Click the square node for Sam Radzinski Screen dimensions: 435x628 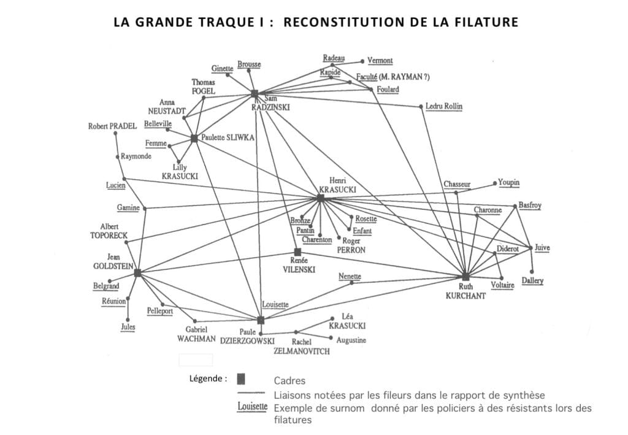pyautogui.click(x=255, y=94)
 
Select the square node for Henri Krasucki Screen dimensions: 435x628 pyautogui.click(x=320, y=198)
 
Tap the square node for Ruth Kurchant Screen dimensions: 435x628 pyautogui.click(x=465, y=277)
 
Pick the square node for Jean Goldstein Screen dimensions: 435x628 pyautogui.click(x=137, y=272)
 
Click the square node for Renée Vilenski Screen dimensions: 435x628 pyautogui.click(x=297, y=252)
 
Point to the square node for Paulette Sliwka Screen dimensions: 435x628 pyautogui.click(x=194, y=139)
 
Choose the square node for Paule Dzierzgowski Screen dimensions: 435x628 pyautogui.click(x=261, y=320)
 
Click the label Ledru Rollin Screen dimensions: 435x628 pyautogui.click(x=444, y=107)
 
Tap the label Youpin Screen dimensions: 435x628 pyautogui.click(x=508, y=183)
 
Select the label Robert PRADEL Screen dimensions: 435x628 pyautogui.click(x=112, y=126)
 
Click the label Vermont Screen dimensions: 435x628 pyautogui.click(x=380, y=61)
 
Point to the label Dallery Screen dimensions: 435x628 pyautogui.click(x=532, y=280)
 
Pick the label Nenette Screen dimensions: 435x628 pyautogui.click(x=350, y=277)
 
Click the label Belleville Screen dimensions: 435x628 pyautogui.click(x=158, y=124)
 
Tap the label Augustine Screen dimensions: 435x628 pyautogui.click(x=351, y=340)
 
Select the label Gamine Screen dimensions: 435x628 pyautogui.click(x=128, y=208)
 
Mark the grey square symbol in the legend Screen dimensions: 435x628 pyautogui.click(x=241, y=379)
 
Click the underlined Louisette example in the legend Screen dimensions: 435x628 pyautogui.click(x=252, y=406)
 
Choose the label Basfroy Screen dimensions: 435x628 pyautogui.click(x=530, y=206)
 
